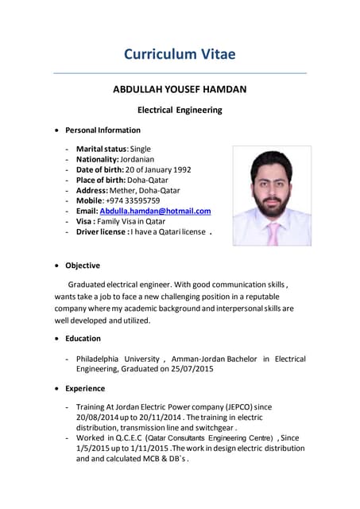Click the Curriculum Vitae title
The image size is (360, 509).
pos(180,54)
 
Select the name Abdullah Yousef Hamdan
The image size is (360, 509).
pos(180,90)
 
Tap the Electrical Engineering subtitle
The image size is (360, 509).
pos(180,110)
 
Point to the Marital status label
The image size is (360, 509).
pos(101,149)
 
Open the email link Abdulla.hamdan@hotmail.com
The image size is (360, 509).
pos(155,211)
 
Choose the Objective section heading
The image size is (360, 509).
pos(83,266)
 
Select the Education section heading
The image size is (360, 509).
pos(83,338)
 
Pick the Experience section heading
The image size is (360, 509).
pos(85,388)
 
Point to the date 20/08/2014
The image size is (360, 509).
pos(96,418)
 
